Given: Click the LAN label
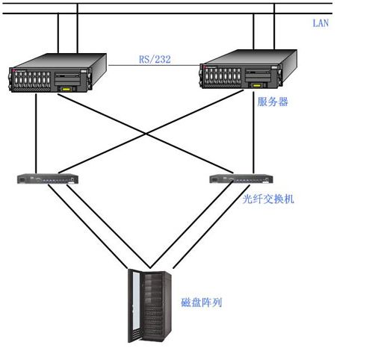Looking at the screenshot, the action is click(x=320, y=23).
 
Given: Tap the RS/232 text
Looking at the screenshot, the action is click(x=155, y=59).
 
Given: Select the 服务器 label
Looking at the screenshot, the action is click(x=273, y=102).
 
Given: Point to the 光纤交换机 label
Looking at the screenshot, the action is click(x=268, y=199).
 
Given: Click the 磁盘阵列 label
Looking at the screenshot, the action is click(x=201, y=302).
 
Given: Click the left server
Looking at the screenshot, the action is click(x=58, y=72).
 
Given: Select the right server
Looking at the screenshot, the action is click(x=248, y=69).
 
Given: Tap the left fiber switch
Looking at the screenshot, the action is click(x=48, y=179).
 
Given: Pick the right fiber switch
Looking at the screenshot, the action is click(x=241, y=179).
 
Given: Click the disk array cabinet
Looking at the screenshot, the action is click(x=149, y=306).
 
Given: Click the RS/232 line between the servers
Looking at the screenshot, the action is click(x=154, y=66).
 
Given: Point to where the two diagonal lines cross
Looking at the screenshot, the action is click(x=146, y=134).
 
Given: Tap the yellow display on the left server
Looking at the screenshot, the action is click(x=66, y=89).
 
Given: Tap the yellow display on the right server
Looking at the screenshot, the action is click(x=257, y=85).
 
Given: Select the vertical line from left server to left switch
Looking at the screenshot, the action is click(x=36, y=134).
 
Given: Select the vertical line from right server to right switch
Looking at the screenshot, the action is click(x=253, y=132).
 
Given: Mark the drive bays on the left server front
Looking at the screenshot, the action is click(x=32, y=79).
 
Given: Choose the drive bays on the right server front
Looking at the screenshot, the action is click(x=223, y=76).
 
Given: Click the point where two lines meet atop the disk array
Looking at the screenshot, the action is click(x=150, y=268).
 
